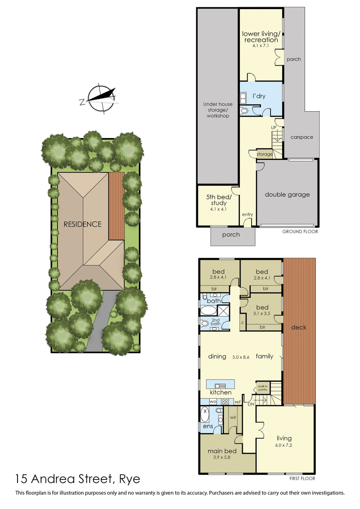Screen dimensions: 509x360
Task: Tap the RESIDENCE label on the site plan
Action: (82, 224)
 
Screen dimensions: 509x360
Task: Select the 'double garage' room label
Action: (287, 194)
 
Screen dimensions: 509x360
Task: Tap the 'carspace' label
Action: (301, 137)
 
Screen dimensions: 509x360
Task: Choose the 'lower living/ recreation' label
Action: (261, 37)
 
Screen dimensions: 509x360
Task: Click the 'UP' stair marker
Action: (273, 128)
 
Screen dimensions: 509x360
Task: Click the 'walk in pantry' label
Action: (262, 387)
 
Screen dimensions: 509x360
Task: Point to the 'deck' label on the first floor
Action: (298, 327)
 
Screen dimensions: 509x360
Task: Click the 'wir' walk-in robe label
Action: (233, 417)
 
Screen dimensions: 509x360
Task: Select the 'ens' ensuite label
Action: (207, 426)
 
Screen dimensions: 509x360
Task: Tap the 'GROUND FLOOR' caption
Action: (300, 232)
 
